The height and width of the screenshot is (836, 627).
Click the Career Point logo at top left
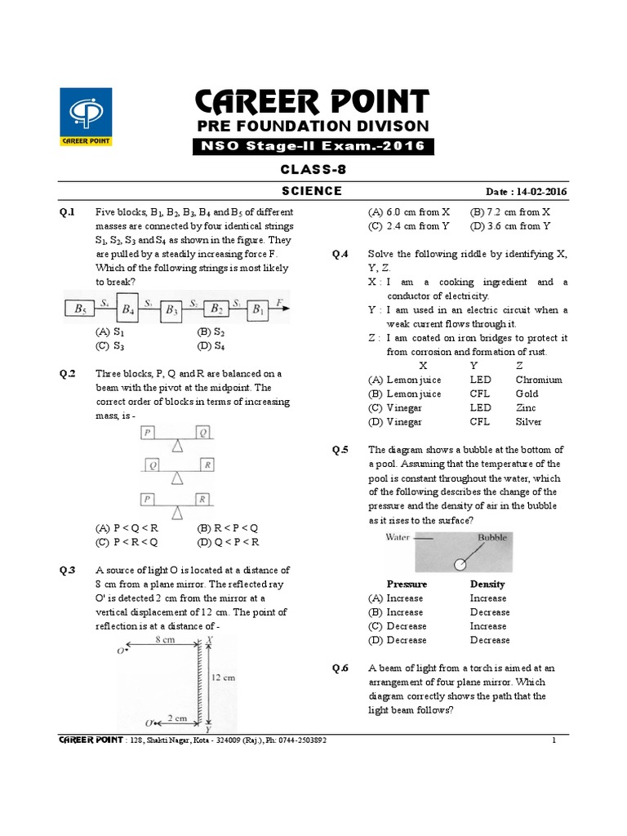point(86,117)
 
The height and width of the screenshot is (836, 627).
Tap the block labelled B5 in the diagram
point(79,309)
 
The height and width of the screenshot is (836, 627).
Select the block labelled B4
point(128,309)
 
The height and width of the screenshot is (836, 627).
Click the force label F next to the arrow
point(279,302)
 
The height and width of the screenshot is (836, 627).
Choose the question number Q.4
point(340,254)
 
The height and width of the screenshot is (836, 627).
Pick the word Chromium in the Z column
point(539,380)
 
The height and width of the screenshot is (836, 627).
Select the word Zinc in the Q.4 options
point(527,407)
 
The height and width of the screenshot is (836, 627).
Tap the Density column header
point(487,585)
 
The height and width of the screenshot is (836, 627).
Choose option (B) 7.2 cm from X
point(506,211)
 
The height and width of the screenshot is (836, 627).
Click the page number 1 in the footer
point(554,740)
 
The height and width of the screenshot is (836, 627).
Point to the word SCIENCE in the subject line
point(311,191)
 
